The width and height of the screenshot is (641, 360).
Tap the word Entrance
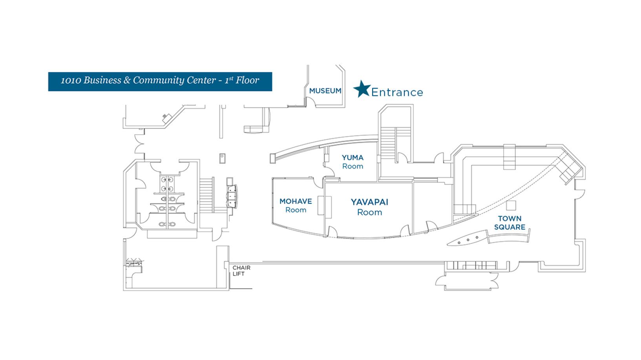click(x=397, y=92)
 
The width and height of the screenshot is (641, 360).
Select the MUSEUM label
click(x=325, y=91)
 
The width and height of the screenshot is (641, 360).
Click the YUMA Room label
click(x=352, y=162)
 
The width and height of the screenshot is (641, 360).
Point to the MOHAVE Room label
click(x=296, y=205)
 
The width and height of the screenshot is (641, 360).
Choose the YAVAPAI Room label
click(x=369, y=207)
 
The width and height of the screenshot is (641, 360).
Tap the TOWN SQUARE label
click(x=510, y=223)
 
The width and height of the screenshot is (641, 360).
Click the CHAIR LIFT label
click(x=241, y=270)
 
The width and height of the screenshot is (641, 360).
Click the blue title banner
click(x=160, y=82)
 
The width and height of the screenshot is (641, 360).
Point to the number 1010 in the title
click(x=71, y=80)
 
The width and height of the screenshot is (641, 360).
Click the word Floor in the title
click(x=247, y=80)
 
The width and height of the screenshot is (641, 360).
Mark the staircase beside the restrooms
click(x=207, y=195)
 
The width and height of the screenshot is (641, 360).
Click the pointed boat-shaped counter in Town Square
click(x=467, y=239)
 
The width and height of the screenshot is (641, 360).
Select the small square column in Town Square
click(x=511, y=205)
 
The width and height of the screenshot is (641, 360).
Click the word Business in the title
click(x=102, y=80)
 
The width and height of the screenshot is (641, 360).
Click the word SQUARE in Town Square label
click(x=510, y=227)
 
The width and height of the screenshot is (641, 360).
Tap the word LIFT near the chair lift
click(x=238, y=274)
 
